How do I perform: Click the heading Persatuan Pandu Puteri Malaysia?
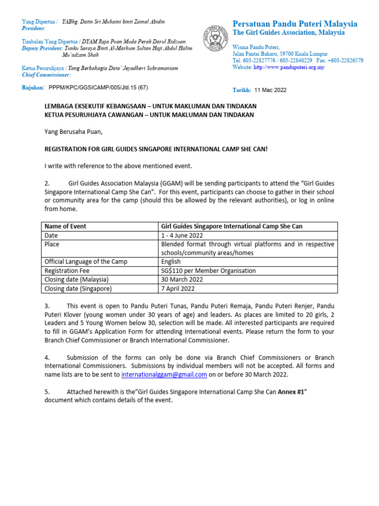(x=295, y=24)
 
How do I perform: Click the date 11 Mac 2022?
(x=270, y=90)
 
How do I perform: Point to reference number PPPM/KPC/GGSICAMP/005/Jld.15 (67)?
(x=98, y=87)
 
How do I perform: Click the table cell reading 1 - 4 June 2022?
(x=181, y=235)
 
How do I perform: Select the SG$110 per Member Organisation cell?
(x=208, y=271)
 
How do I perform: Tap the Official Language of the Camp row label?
(x=85, y=262)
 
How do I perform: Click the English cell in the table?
(x=171, y=262)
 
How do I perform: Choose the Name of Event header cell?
(x=65, y=226)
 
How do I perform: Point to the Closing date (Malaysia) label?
(x=76, y=280)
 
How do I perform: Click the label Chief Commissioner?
(x=46, y=75)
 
